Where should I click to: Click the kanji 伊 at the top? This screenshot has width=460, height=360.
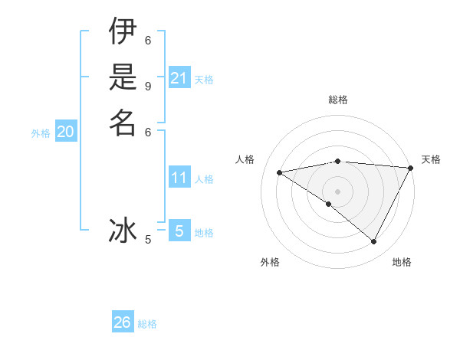(123, 33)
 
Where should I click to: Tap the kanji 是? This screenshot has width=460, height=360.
(123, 77)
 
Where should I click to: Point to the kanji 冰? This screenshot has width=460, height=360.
(123, 230)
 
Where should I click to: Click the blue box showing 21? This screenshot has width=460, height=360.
(179, 78)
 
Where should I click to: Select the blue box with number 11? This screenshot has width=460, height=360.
(179, 178)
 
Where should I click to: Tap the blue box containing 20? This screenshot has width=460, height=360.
(66, 132)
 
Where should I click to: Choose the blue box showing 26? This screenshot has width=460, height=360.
(123, 322)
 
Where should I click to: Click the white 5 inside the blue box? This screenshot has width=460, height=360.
(179, 231)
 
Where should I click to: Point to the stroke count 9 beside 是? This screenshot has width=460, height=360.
(148, 85)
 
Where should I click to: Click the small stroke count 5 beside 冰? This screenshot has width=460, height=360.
(148, 240)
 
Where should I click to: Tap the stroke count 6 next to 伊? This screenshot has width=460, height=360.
(148, 40)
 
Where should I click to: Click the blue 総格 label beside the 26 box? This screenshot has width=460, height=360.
(147, 324)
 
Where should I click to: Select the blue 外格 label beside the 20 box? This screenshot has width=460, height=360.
(41, 133)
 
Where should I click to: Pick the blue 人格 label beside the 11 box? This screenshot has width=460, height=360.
(204, 179)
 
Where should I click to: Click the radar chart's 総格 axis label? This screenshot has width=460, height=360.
(338, 100)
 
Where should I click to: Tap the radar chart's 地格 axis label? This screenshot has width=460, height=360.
(402, 262)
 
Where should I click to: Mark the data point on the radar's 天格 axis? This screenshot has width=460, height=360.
(411, 168)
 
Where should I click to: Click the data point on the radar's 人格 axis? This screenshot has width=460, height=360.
(280, 172)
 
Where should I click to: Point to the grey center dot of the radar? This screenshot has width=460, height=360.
(338, 191)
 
